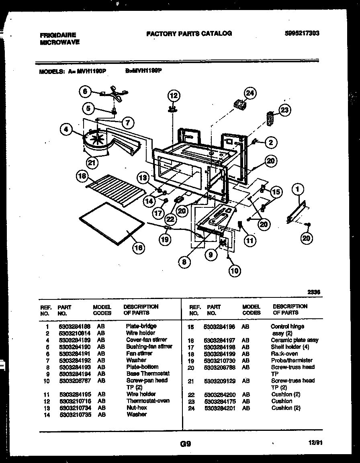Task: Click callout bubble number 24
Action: [250, 94]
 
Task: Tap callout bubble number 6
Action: [85, 91]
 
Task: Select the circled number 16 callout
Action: [138, 248]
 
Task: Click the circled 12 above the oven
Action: [173, 96]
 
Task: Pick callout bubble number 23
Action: [284, 111]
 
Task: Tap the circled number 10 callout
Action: [235, 271]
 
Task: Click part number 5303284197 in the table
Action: [219, 340]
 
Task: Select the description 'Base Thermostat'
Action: [148, 373]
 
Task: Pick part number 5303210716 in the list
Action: [75, 401]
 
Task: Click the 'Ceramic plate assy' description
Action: [294, 340]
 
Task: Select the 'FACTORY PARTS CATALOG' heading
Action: [189, 33]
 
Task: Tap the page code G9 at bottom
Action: [185, 444]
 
